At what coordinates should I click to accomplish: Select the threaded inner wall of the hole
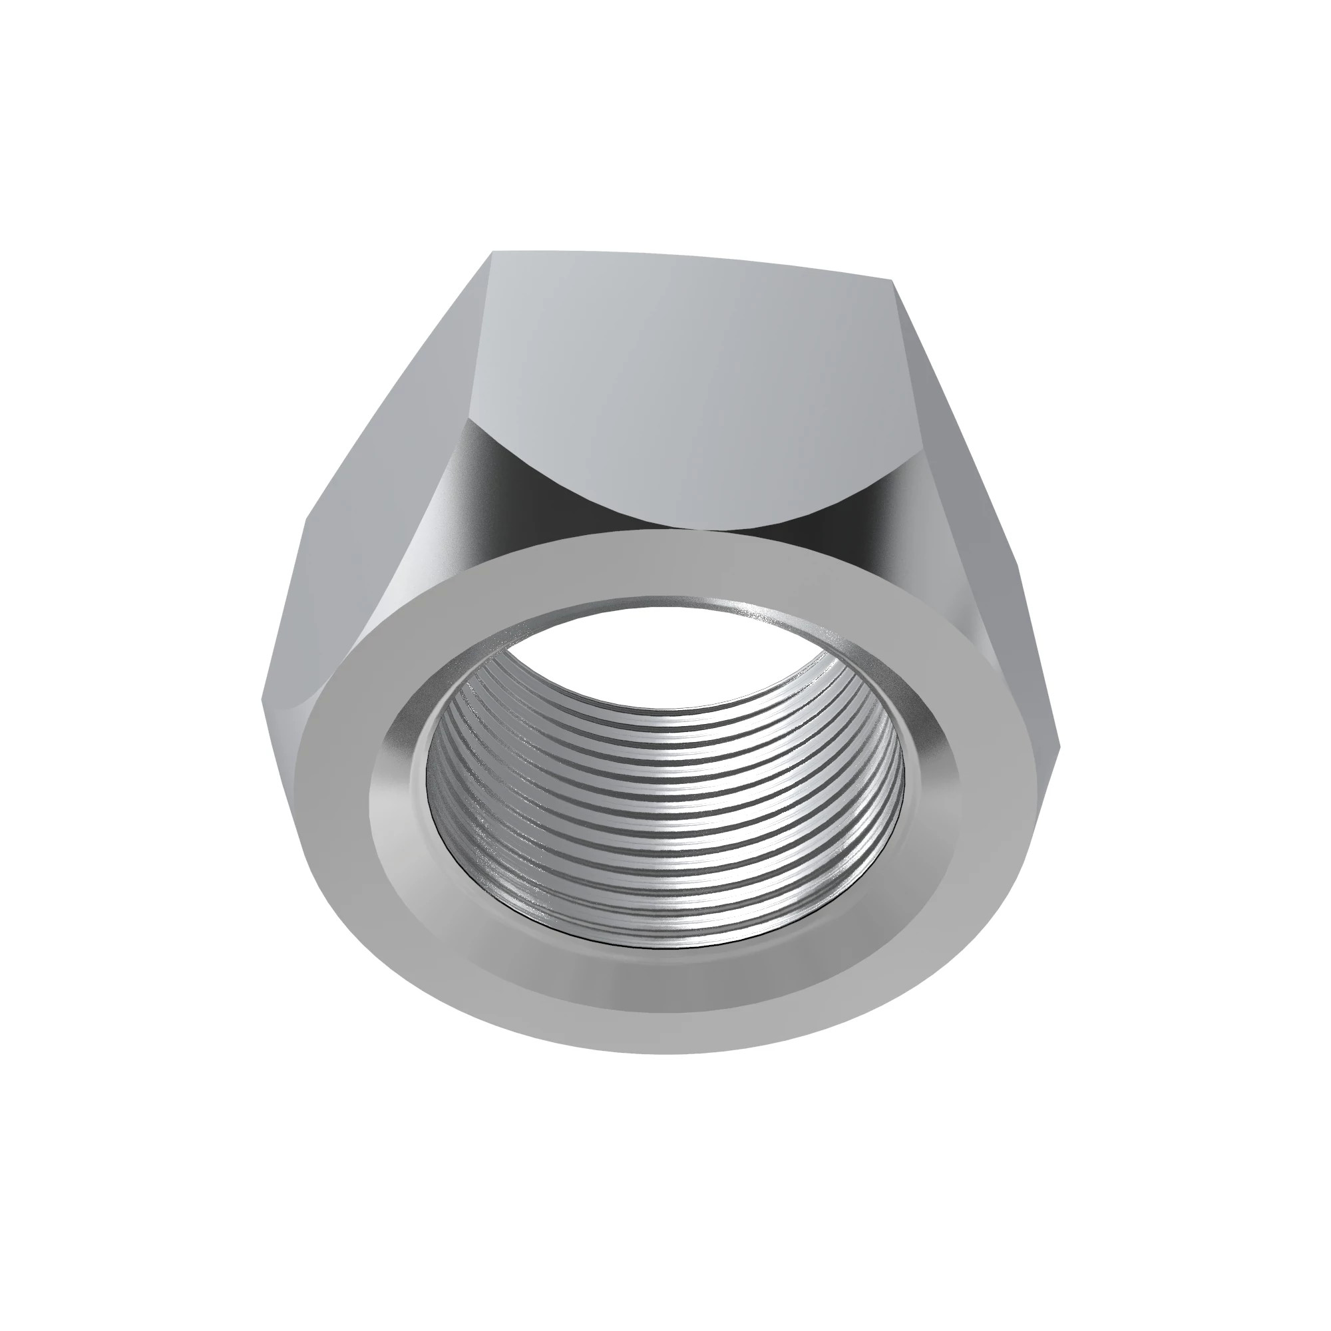click(x=662, y=827)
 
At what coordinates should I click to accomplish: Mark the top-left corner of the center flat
click(x=493, y=252)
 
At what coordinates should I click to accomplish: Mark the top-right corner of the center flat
click(x=894, y=279)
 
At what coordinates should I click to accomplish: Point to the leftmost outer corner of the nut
click(x=262, y=699)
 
